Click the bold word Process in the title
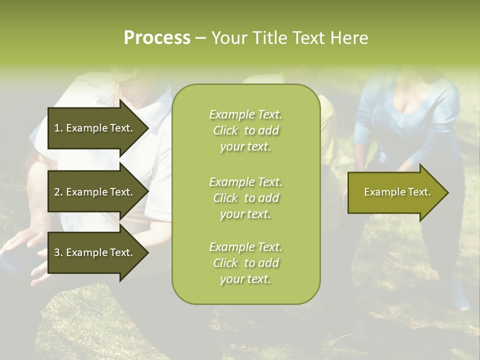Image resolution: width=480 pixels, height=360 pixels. tap(157, 38)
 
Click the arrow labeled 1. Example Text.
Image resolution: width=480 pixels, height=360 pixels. tap(95, 128)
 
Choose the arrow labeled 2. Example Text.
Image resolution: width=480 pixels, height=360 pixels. tap(95, 192)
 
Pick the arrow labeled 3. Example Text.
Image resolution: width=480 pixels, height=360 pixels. tap(95, 252)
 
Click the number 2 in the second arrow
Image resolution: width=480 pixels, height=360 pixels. tap(57, 192)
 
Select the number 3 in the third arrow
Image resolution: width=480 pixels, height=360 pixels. tap(57, 252)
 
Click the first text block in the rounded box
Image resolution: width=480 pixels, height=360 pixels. tap(245, 130)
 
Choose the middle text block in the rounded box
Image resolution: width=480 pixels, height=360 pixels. tap(245, 198)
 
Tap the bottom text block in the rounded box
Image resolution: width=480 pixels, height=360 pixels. tap(245, 263)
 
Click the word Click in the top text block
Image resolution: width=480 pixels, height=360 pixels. tap(225, 130)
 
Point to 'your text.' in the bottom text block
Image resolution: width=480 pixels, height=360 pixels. tap(245, 279)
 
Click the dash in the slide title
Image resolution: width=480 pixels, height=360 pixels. tap(200, 38)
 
